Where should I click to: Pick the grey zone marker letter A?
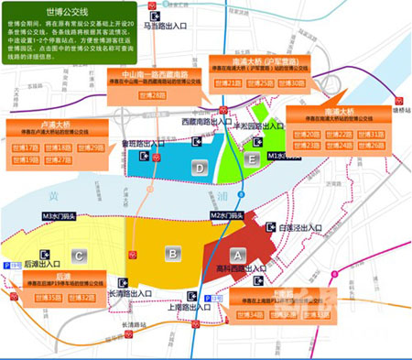(x=237, y=253)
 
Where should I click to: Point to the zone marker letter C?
(x=80, y=256)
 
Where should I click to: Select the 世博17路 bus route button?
(x=31, y=147)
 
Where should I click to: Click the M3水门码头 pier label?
(x=61, y=216)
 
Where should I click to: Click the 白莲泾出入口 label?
(x=298, y=226)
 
